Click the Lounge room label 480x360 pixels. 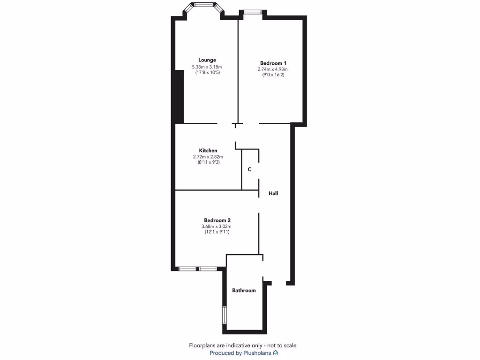207,60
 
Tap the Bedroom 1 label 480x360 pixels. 273,63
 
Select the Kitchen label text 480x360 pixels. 208,150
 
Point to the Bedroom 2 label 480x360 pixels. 217,220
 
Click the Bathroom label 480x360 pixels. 244,290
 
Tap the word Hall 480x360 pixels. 273,193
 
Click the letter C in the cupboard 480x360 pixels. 249,169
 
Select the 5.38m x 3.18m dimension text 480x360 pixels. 207,67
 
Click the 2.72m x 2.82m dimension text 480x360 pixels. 208,157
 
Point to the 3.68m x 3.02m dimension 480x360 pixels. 217,226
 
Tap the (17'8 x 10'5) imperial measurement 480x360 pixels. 207,73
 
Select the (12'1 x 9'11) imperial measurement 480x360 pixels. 217,232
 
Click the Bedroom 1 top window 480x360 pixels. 252,12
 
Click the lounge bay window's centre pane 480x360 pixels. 204,4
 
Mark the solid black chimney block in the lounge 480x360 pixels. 179,96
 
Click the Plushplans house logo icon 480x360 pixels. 276,352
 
